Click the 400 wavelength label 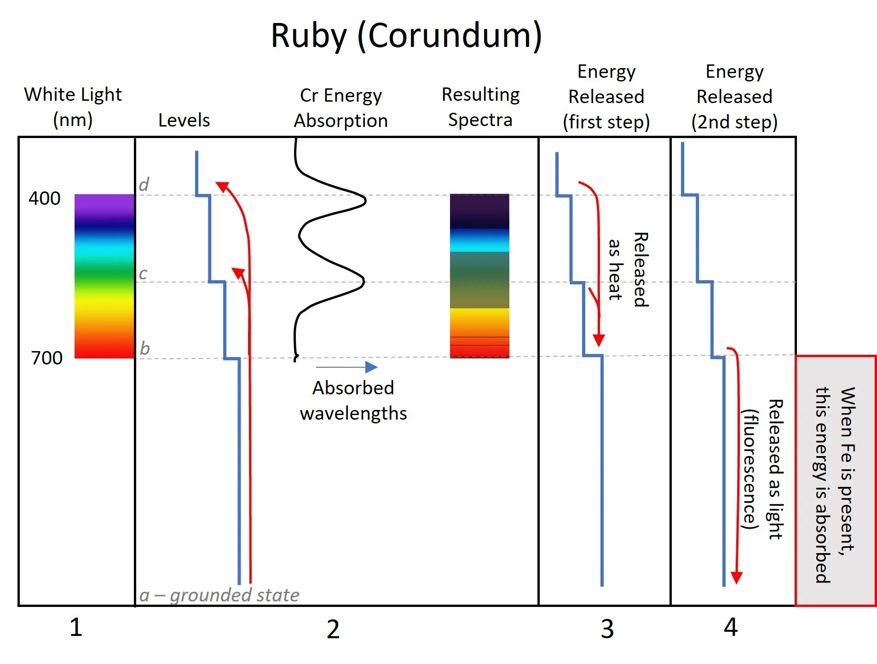click(x=45, y=198)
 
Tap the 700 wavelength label click(x=46, y=358)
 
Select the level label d click(x=144, y=185)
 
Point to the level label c click(x=143, y=273)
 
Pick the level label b click(x=144, y=348)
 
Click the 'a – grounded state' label click(x=219, y=595)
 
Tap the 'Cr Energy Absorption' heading click(x=341, y=108)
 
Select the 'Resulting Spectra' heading click(x=480, y=107)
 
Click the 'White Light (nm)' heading click(x=73, y=107)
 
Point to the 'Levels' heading click(x=184, y=120)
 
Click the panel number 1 click(x=76, y=627)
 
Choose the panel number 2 click(x=333, y=629)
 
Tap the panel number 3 click(x=607, y=629)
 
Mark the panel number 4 click(x=731, y=627)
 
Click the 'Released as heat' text click(x=628, y=270)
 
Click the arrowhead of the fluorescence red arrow click(x=736, y=577)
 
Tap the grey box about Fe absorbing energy click(x=835, y=481)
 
